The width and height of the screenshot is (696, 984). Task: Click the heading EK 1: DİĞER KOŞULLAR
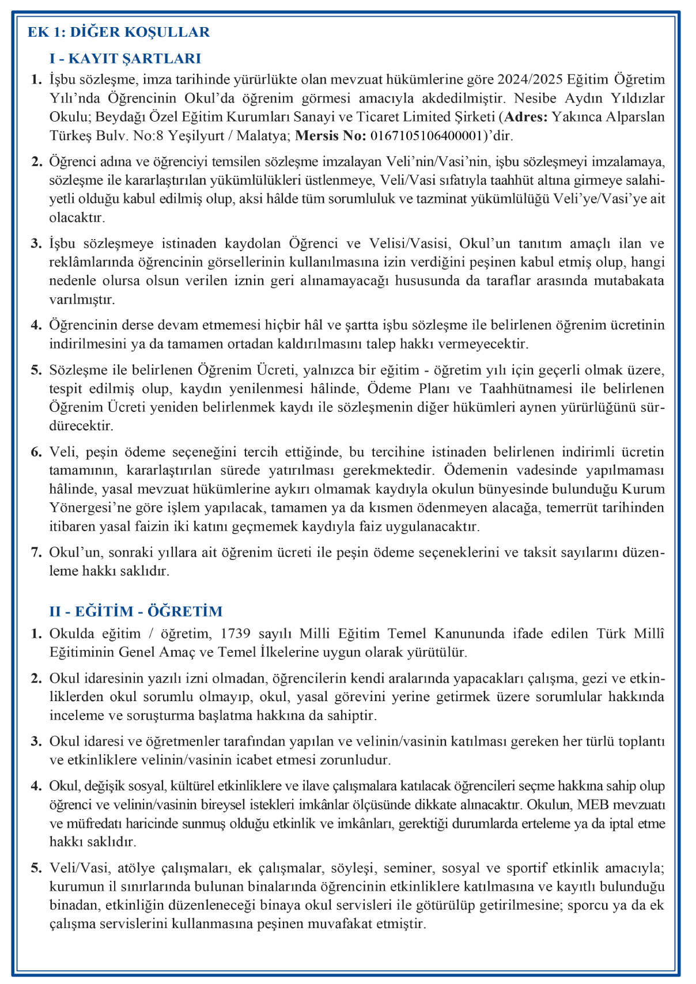tap(119, 32)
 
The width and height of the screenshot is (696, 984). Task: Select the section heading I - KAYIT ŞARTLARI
tap(125, 58)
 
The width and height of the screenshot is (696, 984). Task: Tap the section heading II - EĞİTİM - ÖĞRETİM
tap(136, 611)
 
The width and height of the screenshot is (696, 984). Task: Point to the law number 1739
tap(236, 634)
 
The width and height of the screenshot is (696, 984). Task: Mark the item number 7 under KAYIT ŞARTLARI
tap(36, 552)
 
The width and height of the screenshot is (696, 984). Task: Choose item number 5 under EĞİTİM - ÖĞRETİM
tap(36, 868)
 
